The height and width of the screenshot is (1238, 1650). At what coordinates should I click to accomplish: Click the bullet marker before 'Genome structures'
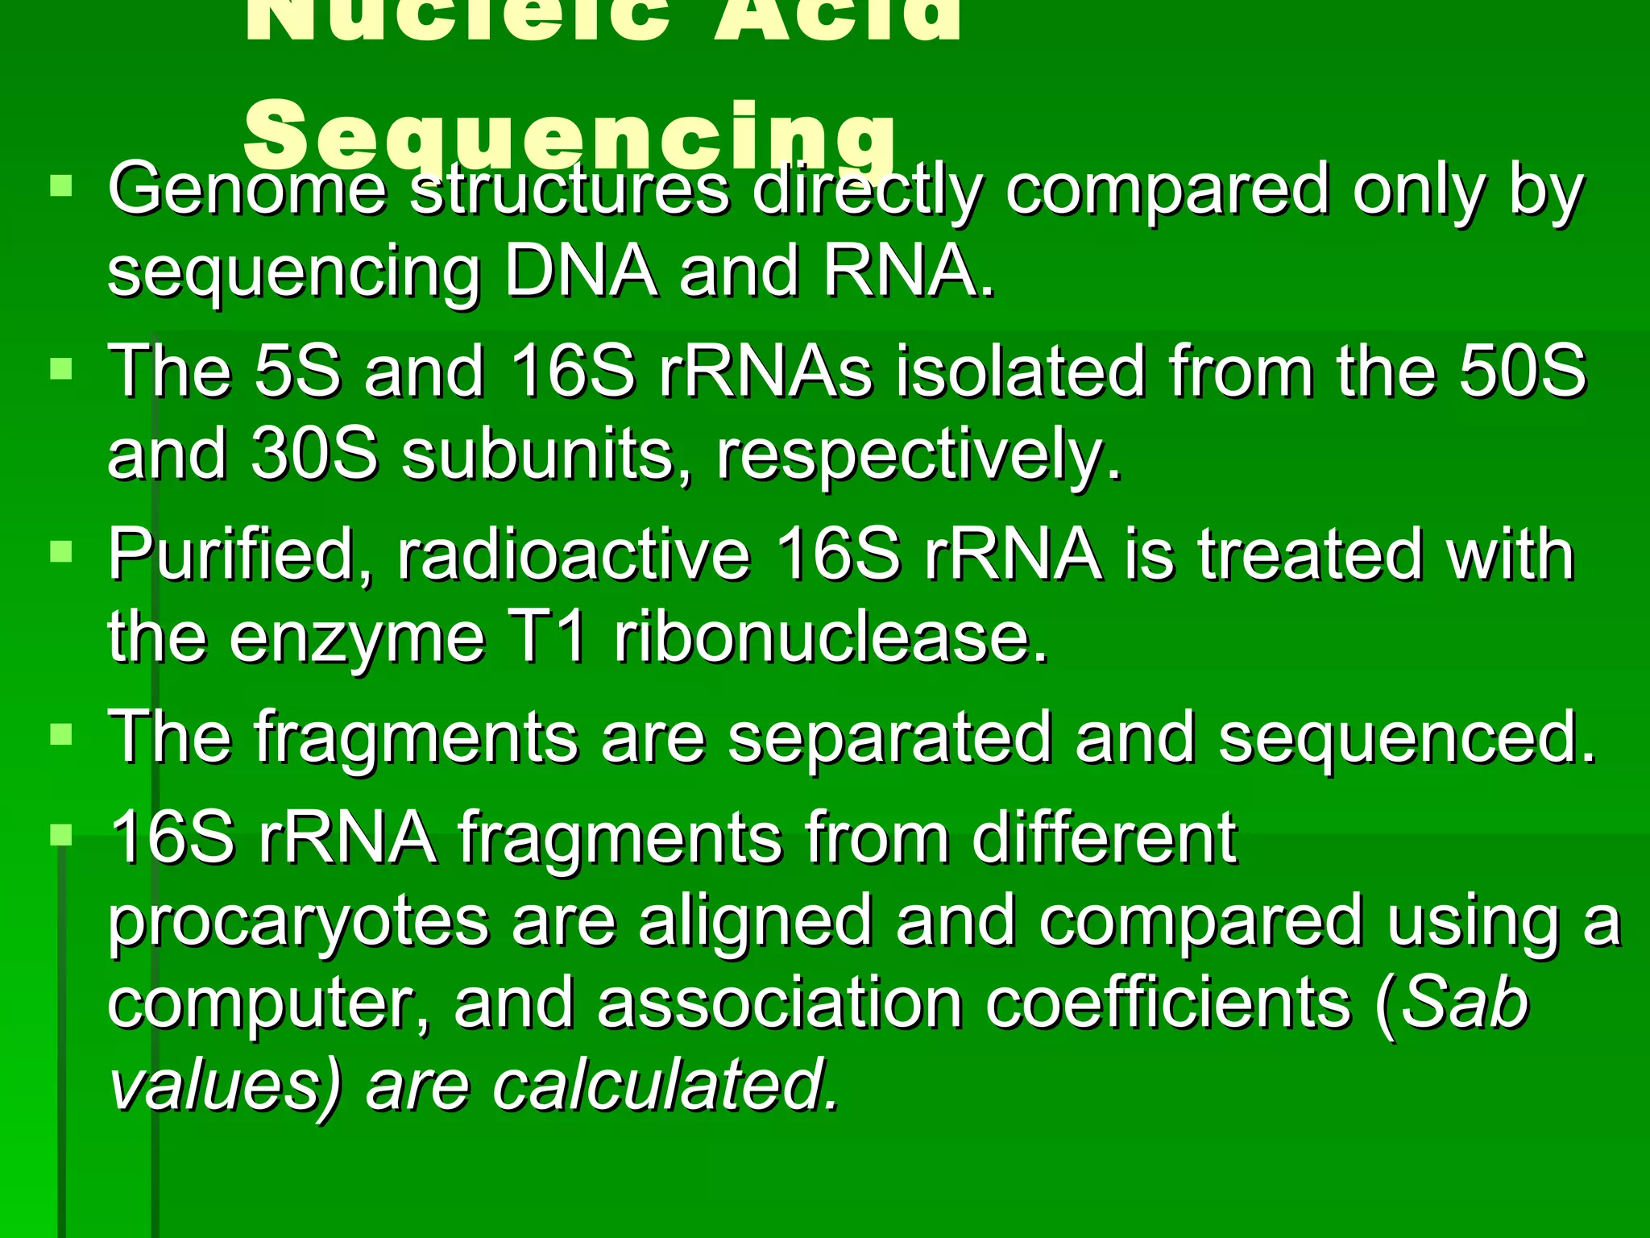(61, 187)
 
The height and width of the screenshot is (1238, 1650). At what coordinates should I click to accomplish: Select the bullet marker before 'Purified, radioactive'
(61, 552)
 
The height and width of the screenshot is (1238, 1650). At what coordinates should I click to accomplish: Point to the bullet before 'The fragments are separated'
(61, 734)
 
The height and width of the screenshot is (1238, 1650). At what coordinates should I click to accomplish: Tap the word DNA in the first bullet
(580, 271)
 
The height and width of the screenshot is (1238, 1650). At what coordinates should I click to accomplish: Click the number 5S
(296, 372)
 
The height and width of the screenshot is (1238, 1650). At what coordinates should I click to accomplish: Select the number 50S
(1522, 372)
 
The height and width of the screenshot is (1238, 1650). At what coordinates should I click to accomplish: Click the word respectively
(918, 456)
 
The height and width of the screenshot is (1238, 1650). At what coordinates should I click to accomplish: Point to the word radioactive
(573, 555)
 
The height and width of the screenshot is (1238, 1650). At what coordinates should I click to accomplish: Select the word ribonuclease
(831, 637)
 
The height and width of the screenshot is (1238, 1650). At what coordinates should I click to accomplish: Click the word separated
(889, 738)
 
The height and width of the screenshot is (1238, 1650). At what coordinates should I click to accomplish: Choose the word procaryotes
(298, 923)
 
